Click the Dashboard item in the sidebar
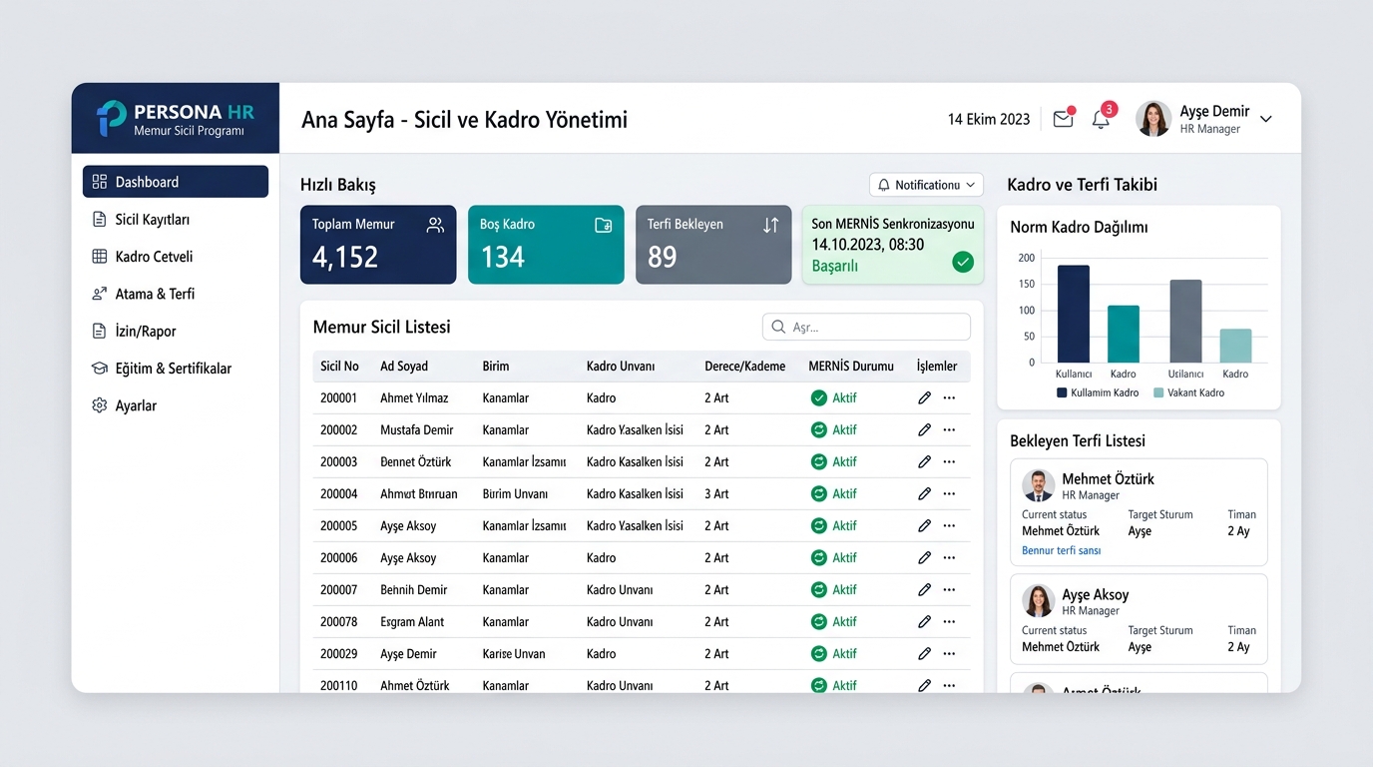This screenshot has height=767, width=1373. [176, 182]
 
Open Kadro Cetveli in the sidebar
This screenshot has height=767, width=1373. [154, 257]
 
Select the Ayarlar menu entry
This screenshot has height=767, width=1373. [136, 405]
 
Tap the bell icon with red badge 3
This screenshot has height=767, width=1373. [1101, 119]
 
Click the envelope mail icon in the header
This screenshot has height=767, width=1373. [1063, 119]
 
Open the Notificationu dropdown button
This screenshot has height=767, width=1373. [926, 185]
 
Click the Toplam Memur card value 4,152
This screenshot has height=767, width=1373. [345, 257]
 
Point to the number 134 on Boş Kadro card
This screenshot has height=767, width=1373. [503, 257]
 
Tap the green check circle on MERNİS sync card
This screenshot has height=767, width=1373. [963, 262]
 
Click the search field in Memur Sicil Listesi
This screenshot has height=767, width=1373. [866, 327]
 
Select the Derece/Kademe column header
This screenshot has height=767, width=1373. [744, 367]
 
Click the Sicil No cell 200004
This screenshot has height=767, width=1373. [338, 494]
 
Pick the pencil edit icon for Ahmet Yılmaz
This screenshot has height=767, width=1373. [924, 397]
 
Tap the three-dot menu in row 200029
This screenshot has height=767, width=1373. [949, 653]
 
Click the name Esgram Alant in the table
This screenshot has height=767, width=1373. [412, 621]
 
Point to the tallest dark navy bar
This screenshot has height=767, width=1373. [1074, 314]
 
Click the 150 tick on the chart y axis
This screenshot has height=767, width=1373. [1026, 284]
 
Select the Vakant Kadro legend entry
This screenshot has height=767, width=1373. [1189, 392]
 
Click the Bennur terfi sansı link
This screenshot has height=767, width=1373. [1061, 550]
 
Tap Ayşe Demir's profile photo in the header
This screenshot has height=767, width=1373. [1152, 119]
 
